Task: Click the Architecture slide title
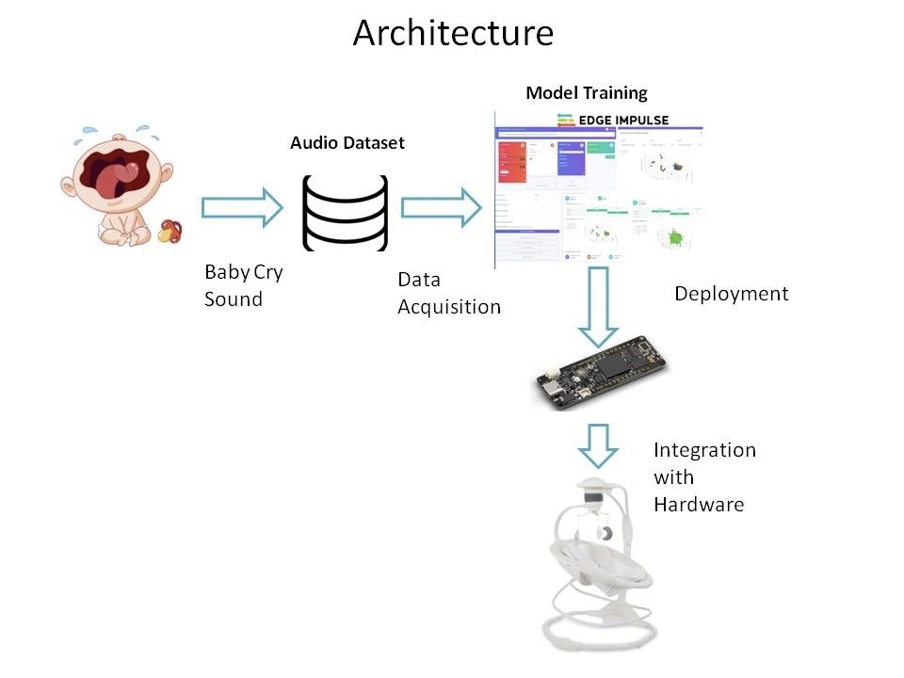pos(453,33)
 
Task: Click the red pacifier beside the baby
pos(169,231)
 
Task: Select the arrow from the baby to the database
pos(242,207)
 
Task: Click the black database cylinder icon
pos(345,212)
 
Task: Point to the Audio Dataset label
pos(347,143)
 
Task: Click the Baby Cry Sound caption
pos(243,285)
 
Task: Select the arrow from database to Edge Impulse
pos(441,207)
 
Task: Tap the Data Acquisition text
pos(448,293)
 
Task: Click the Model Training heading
pos(586,92)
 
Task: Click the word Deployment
pos(731,294)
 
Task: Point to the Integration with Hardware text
pos(703,476)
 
